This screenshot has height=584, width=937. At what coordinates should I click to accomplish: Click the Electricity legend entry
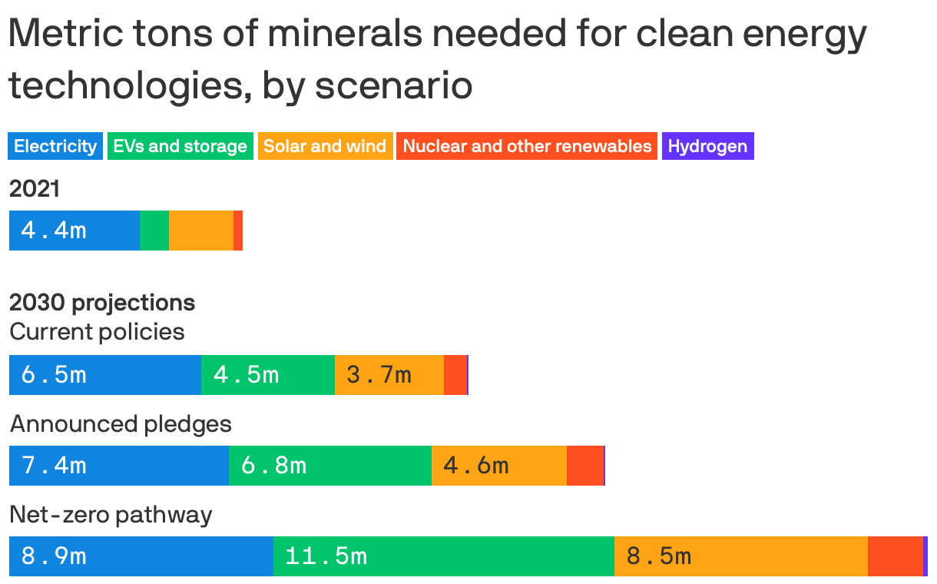pos(55,146)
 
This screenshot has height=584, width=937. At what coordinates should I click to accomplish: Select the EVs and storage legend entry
pos(180,146)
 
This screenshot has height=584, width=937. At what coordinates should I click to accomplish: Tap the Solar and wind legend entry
pos(325,146)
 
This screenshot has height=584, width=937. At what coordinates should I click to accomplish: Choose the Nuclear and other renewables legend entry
pos(527,146)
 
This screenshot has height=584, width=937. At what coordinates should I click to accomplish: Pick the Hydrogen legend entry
pos(707,146)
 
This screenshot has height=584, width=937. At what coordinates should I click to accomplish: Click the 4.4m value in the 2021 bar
pos(54,231)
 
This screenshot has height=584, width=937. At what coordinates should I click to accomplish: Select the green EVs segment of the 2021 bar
pos(154,231)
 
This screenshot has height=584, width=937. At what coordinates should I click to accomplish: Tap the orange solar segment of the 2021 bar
pos(201,231)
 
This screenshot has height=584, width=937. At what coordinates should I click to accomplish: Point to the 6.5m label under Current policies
pos(54,375)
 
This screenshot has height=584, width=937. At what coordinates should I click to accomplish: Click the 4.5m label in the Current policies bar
pos(246,375)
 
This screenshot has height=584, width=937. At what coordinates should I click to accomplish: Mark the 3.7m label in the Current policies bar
pos(379,375)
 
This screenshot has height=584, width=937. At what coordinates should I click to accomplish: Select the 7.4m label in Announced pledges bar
pos(54,466)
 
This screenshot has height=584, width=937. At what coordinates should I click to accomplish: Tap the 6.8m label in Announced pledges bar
pos(273,466)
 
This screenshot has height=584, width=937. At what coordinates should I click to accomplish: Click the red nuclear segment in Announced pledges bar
pos(585,466)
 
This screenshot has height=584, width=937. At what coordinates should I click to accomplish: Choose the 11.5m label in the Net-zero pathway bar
pos(326,556)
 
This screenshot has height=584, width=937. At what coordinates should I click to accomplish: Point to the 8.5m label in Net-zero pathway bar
pos(659,556)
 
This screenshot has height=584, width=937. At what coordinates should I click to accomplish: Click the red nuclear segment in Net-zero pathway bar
pos(895,556)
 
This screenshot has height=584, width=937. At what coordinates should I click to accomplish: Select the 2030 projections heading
pos(102,303)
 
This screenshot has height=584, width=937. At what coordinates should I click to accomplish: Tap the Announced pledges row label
pos(121,423)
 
